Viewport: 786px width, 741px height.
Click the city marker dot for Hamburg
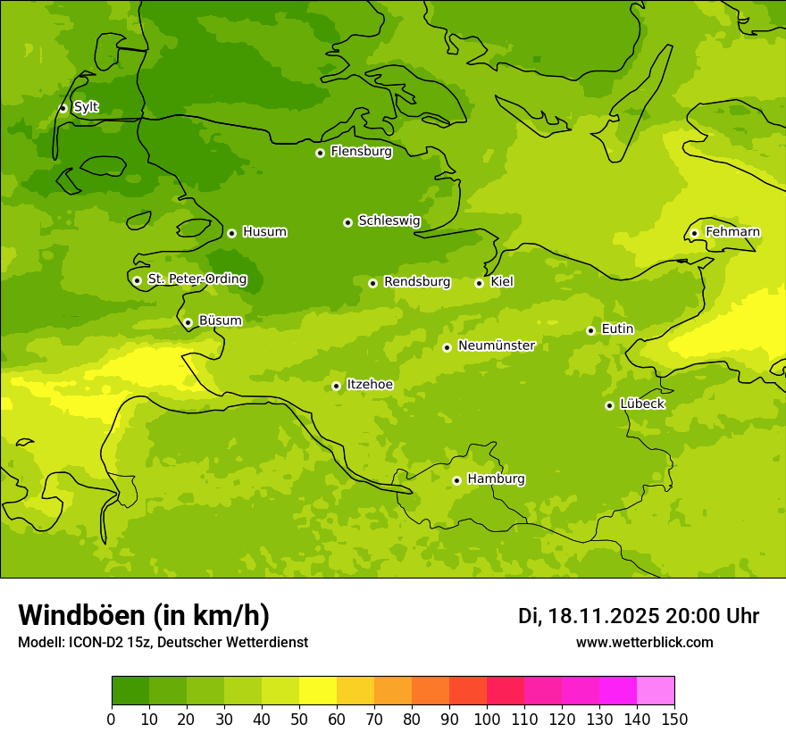click(x=456, y=480)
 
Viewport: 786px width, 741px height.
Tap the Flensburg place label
click(x=361, y=152)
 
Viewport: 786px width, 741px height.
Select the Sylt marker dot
click(x=63, y=108)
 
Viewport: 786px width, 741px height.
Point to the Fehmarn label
click(x=732, y=232)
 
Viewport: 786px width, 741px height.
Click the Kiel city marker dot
click(x=479, y=283)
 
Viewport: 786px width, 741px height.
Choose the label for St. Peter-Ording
click(x=197, y=279)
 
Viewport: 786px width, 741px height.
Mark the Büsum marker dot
click(x=188, y=322)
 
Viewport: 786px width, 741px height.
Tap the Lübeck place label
click(x=641, y=404)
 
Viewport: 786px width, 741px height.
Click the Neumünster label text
click(x=496, y=346)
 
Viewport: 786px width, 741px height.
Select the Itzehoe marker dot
click(x=336, y=386)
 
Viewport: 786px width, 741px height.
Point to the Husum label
click(x=264, y=232)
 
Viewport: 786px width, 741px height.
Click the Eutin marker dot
click(x=590, y=330)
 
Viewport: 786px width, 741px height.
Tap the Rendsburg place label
click(x=417, y=282)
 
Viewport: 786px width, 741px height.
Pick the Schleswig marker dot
click(x=347, y=222)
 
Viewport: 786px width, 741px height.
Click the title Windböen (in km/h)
click(x=144, y=615)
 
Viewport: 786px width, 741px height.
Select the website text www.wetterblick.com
click(x=644, y=642)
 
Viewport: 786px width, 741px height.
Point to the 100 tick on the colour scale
click(x=487, y=719)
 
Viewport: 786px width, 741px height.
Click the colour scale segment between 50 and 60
click(x=318, y=691)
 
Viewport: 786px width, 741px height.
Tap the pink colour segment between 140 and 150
click(x=656, y=691)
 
